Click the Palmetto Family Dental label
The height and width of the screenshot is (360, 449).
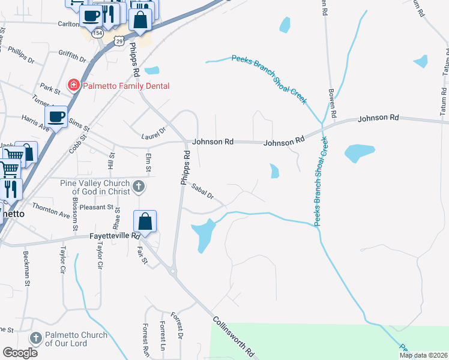click(x=126, y=86)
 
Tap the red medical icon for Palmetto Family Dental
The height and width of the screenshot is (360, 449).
click(x=74, y=86)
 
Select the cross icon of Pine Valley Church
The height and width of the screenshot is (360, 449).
click(x=139, y=187)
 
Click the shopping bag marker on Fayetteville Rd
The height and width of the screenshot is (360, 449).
click(x=146, y=223)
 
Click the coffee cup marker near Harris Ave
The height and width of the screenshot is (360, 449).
click(x=56, y=116)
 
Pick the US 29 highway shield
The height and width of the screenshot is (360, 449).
click(x=120, y=41)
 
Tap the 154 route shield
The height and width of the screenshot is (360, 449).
click(x=98, y=34)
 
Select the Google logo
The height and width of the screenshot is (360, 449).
click(x=20, y=353)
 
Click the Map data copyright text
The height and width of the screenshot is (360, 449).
click(x=423, y=355)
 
